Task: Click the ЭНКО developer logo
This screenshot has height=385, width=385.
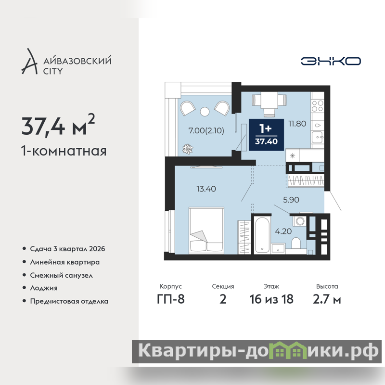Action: click(331, 61)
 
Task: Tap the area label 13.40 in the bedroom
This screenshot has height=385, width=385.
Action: click(206, 189)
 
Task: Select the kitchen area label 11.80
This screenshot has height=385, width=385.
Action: click(297, 124)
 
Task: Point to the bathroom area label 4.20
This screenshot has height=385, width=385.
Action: click(283, 231)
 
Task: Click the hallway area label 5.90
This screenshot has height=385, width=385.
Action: click(291, 200)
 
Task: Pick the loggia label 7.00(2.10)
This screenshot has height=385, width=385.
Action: click(206, 130)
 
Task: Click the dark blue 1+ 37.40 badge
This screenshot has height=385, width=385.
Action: click(267, 135)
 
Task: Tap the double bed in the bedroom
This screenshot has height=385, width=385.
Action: click(206, 231)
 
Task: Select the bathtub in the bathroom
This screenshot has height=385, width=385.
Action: click(262, 235)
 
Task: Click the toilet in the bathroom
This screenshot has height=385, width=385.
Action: click(296, 243)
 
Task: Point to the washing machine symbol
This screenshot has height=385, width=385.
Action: click(300, 221)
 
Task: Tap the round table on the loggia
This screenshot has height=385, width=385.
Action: click(205, 112)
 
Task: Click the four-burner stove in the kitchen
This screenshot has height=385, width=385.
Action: click(318, 106)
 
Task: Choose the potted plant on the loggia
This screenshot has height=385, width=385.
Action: click(188, 149)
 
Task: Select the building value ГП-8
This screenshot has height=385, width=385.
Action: click(171, 299)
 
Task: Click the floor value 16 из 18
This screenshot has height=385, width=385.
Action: click(271, 299)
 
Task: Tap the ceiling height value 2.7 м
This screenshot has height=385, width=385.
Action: click(327, 299)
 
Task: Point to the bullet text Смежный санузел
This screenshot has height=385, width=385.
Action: click(62, 275)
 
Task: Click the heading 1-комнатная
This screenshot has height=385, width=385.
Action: click(64, 151)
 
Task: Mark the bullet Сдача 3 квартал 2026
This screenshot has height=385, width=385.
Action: click(67, 249)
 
